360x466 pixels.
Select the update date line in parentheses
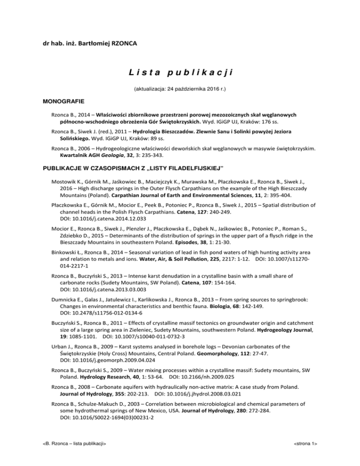click(180, 88)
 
